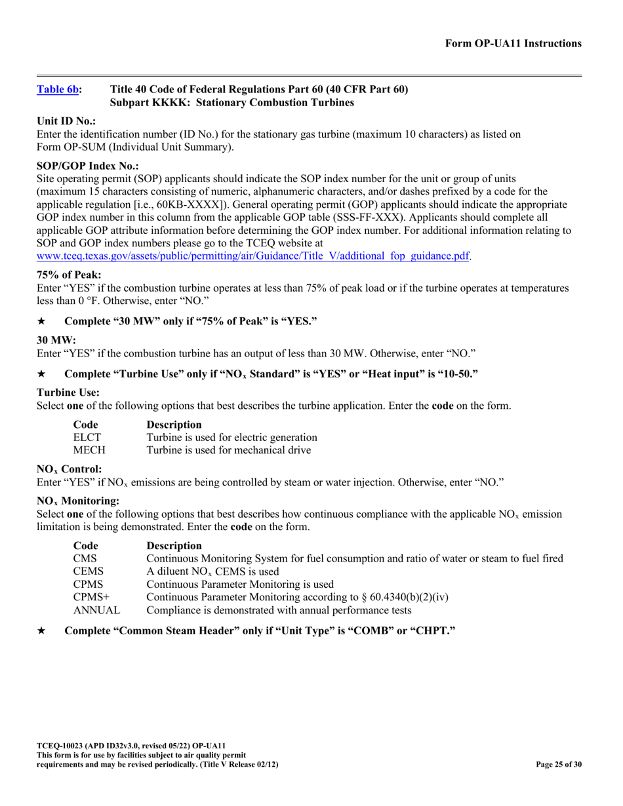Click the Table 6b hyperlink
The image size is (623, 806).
click(57, 90)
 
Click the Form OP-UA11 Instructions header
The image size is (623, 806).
click(513, 44)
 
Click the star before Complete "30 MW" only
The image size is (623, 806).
click(41, 321)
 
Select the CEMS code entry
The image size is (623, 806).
click(89, 571)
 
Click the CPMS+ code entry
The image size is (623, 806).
click(91, 597)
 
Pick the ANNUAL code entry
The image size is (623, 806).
click(96, 610)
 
